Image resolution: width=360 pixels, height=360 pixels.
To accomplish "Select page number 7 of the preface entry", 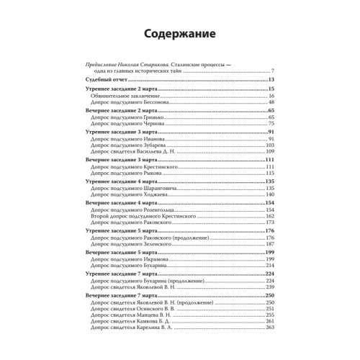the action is [x=274, y=70].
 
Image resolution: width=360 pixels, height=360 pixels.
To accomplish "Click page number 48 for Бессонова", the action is [x=271, y=102].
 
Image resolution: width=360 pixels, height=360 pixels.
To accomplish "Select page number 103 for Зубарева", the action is [x=270, y=146].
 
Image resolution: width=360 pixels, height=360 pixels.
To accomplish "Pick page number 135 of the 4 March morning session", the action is [x=270, y=183].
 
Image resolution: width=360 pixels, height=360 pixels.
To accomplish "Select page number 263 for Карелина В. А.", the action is [x=270, y=328].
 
